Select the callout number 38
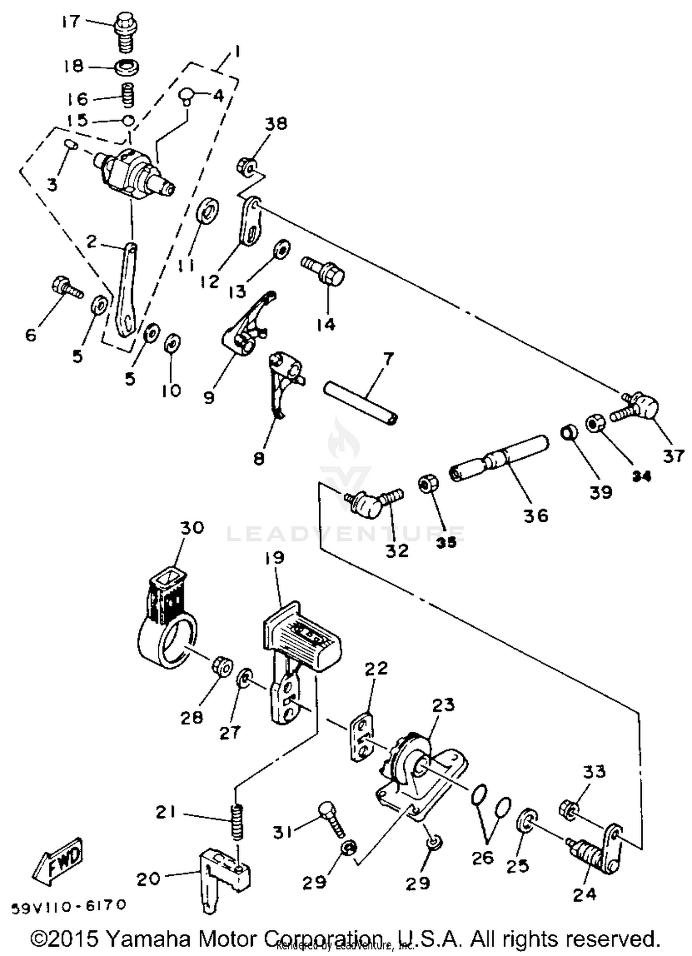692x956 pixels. pyautogui.click(x=276, y=124)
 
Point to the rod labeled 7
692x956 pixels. pyautogui.click(x=360, y=402)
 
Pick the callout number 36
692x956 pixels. pyautogui.click(x=536, y=515)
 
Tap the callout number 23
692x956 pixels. pyautogui.click(x=443, y=705)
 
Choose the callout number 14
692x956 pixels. pyautogui.click(x=326, y=325)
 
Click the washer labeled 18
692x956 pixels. pyautogui.click(x=127, y=67)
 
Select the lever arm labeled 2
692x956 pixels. pyautogui.click(x=126, y=291)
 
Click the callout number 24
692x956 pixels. pyautogui.click(x=585, y=895)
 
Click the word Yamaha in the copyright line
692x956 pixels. pyautogui.click(x=149, y=938)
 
